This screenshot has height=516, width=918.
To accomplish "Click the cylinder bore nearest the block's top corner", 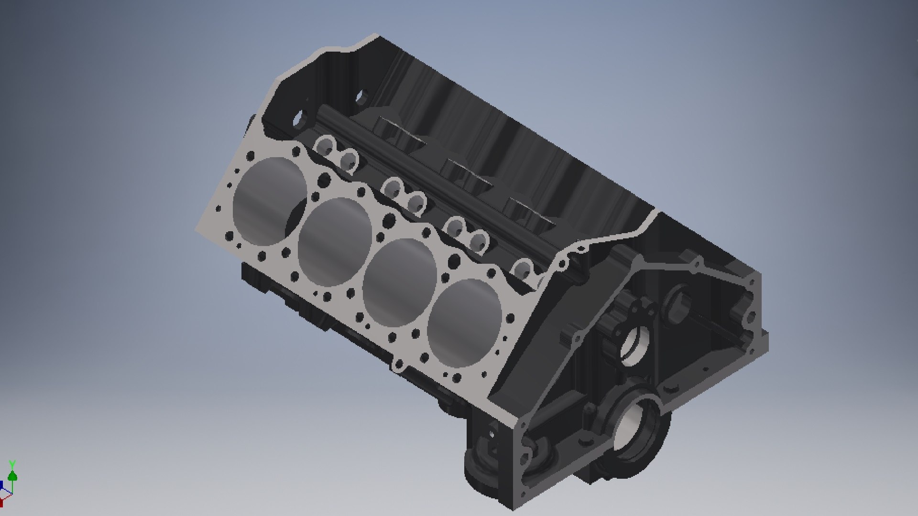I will (x=269, y=201).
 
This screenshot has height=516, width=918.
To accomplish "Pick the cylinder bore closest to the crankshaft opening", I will (x=465, y=322).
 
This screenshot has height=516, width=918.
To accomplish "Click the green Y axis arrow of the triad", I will (x=12, y=476).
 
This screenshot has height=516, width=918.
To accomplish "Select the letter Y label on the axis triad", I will (x=12, y=464).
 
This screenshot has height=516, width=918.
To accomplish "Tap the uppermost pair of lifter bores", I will (x=337, y=152).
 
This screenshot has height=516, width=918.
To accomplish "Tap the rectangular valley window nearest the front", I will (x=531, y=213).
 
